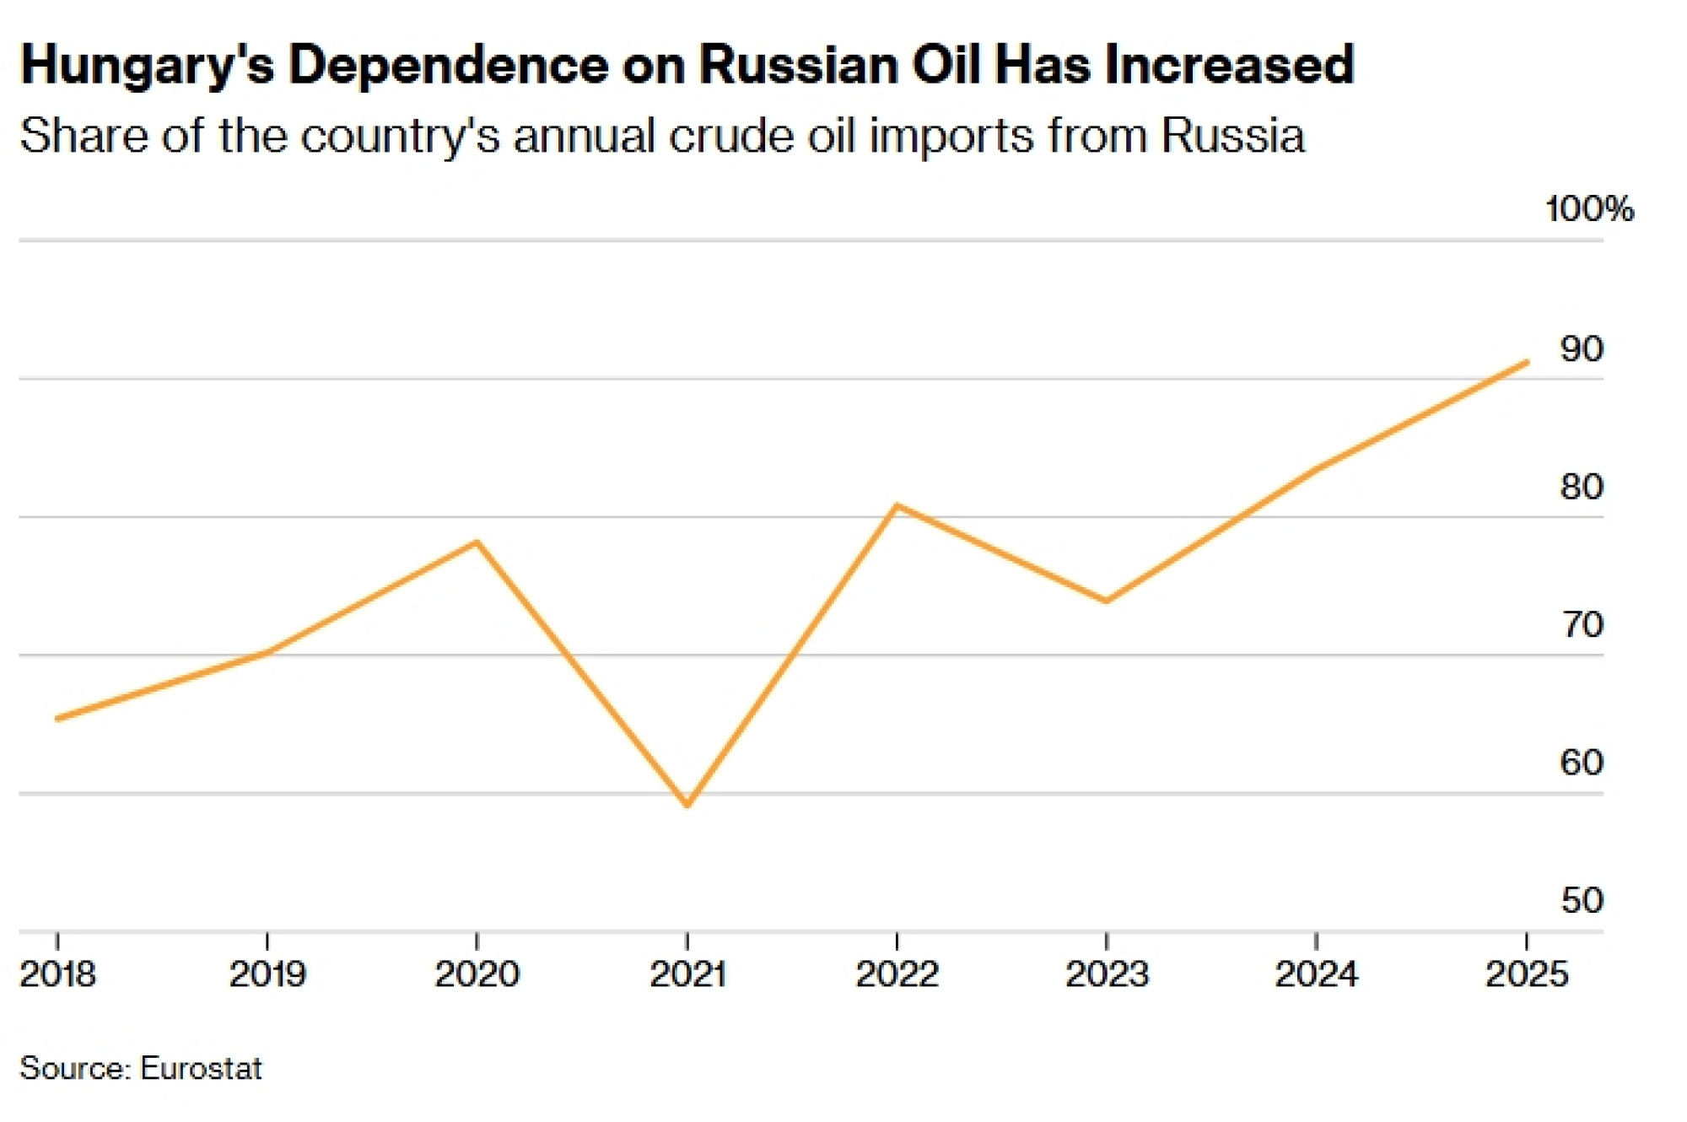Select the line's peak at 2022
pos(897,506)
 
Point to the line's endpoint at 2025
pos(1527,363)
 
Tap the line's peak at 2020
pos(477,542)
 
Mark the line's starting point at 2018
pos(57,719)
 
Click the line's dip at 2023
pos(1106,601)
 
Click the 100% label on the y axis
pos(1589,209)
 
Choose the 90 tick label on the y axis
pos(1581,348)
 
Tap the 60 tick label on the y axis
pos(1581,763)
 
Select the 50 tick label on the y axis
pos(1581,901)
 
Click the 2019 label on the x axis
pos(267,974)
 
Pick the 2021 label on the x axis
pos(687,974)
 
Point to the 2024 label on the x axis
pos(1316,974)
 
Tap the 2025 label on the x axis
pos(1526,974)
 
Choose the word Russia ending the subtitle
pos(1232,135)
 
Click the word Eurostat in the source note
pos(201,1069)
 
